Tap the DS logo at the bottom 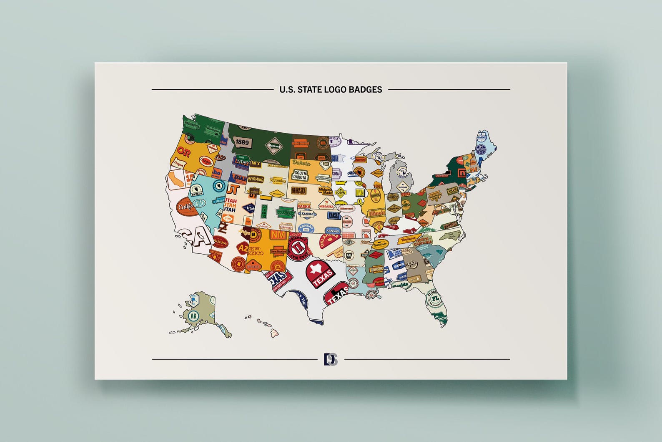click(331, 359)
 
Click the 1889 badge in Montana click(242, 142)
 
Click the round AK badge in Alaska click(193, 316)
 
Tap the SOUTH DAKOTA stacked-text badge click(300, 175)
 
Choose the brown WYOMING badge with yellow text click(256, 179)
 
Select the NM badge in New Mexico click(278, 235)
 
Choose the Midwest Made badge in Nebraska click(325, 191)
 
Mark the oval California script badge click(186, 207)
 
